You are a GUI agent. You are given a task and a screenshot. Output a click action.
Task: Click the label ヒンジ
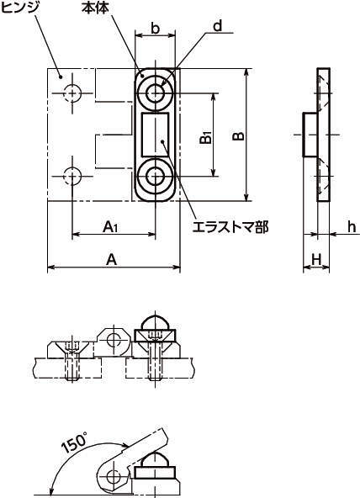pos(19,8)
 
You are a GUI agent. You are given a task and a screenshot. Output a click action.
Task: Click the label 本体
pos(94,8)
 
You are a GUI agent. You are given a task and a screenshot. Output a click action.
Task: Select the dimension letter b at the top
pos(156,28)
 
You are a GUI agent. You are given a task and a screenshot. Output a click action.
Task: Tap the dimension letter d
pos(217,26)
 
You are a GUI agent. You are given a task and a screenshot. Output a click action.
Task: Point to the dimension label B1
pos(206,137)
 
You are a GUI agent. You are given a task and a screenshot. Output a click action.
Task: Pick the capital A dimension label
pos(111,260)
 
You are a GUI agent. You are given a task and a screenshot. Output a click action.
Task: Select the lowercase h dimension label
pos(352,226)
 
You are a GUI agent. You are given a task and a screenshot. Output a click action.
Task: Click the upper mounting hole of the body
pos(156,91)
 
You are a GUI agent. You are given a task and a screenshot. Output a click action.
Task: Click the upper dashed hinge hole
pos(74,91)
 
